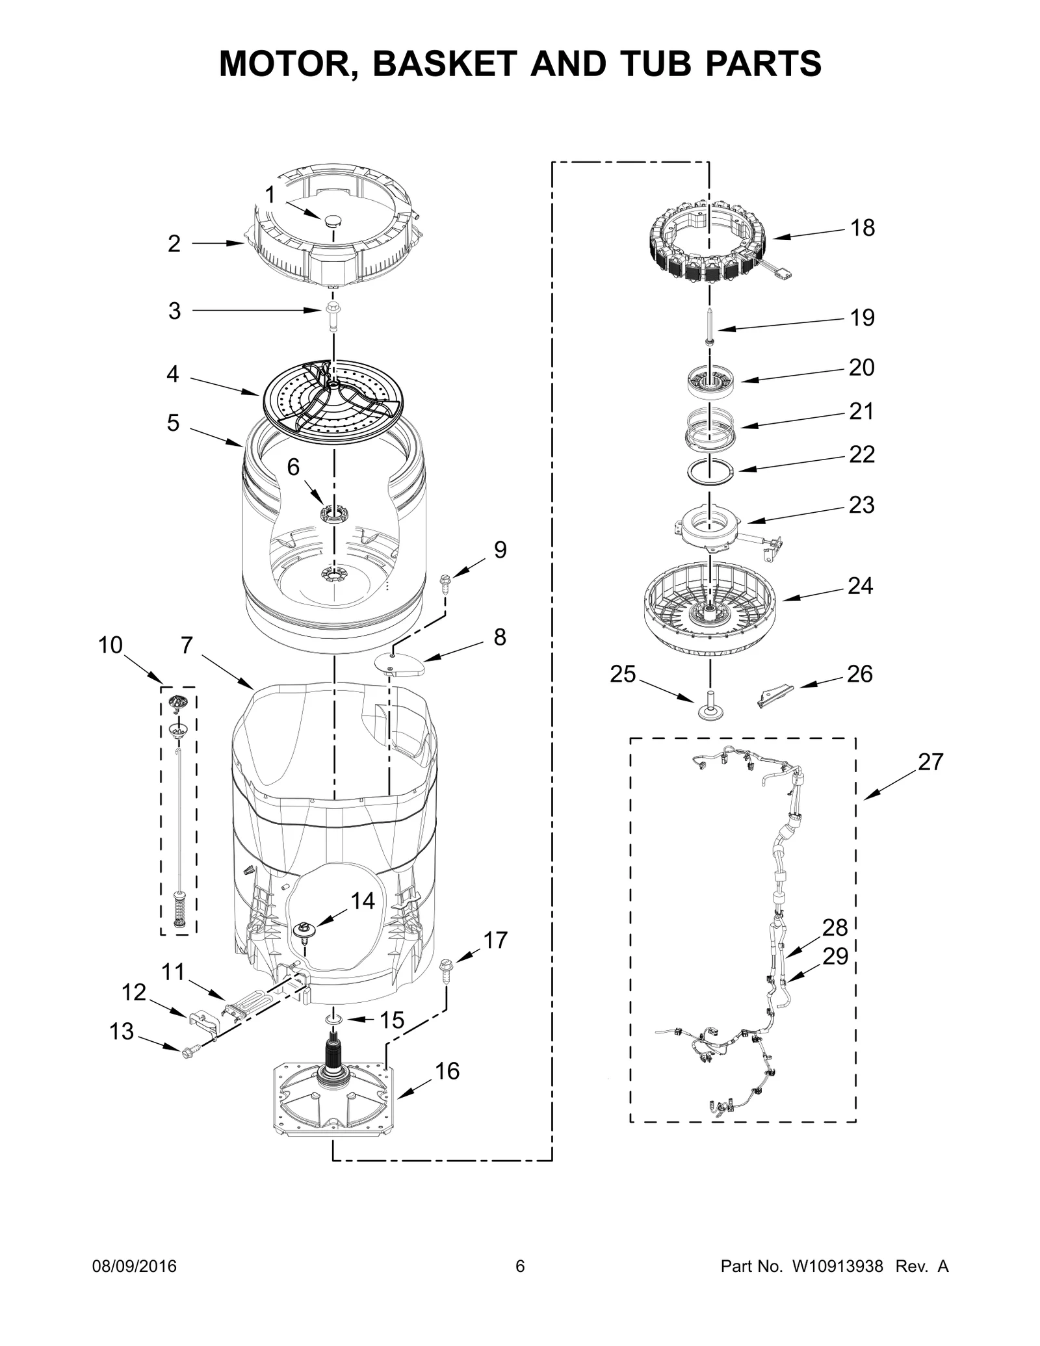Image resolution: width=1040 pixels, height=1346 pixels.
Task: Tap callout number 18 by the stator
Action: coord(863,228)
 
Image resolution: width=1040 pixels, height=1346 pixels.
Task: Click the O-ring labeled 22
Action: coord(710,469)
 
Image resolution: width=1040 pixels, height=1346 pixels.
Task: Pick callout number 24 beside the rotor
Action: coord(860,586)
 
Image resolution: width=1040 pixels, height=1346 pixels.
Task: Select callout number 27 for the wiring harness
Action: coord(930,762)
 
